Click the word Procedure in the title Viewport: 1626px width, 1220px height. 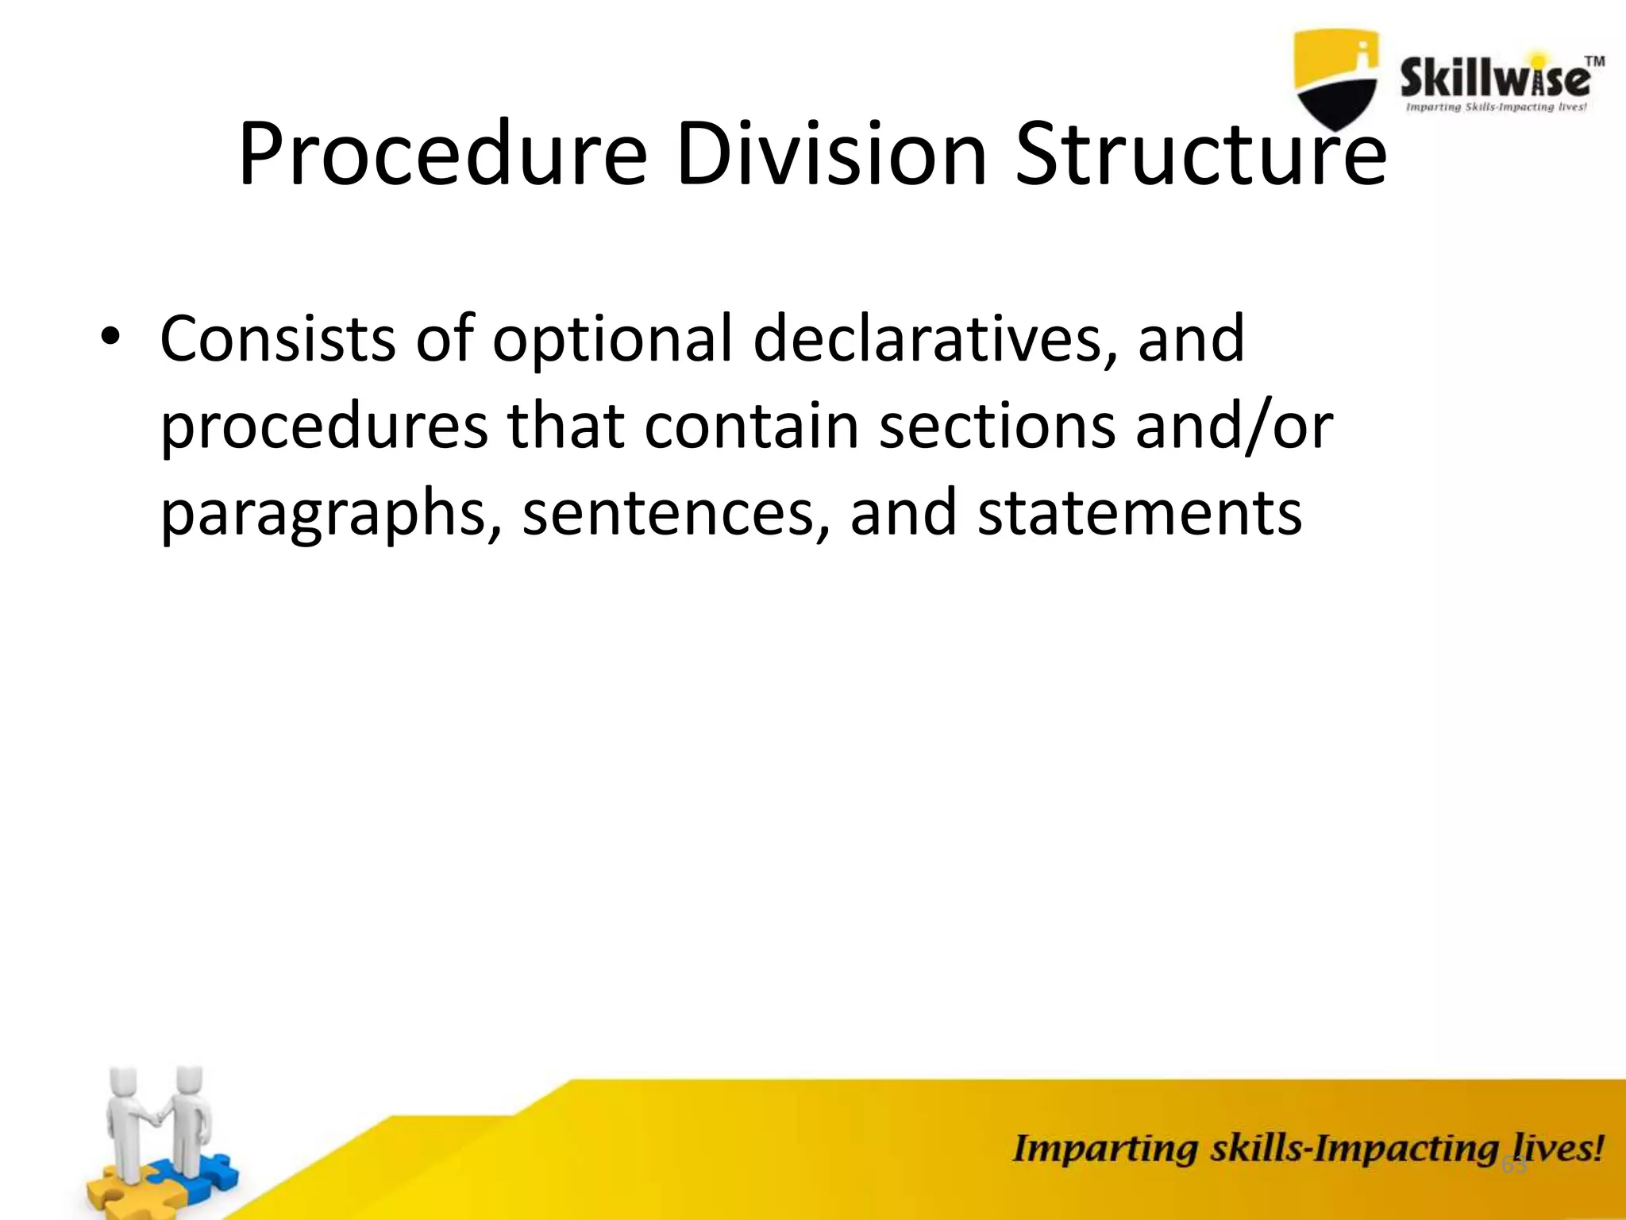coord(443,155)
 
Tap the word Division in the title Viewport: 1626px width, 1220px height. coord(831,155)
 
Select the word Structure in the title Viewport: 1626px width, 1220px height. coord(1200,155)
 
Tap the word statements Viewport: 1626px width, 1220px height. coord(1140,513)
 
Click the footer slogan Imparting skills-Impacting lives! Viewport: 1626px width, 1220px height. coord(1307,1149)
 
